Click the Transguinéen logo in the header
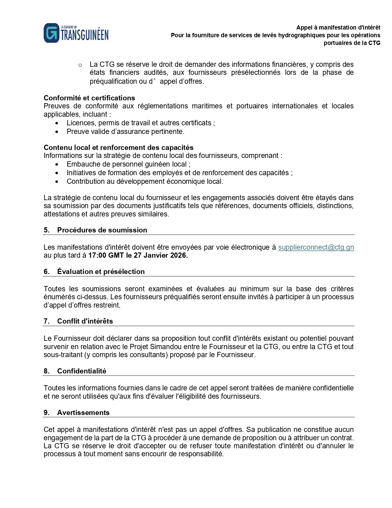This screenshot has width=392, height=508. pos(76,33)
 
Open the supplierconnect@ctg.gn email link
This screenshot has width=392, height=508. pos(316,247)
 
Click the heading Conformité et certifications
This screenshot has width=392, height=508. pos(89,98)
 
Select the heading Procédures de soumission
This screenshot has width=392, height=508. pos(102,230)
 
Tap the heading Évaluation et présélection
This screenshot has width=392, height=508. pos(101,272)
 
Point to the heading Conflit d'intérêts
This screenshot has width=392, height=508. pos(85,321)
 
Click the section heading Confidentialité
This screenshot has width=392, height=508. pos(81,371)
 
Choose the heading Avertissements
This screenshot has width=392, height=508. pos(83,413)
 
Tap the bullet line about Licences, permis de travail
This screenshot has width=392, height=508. pos(141,123)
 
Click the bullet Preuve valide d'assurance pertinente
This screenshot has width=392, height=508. pos(125,131)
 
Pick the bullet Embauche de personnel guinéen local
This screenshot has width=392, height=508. pos(128,164)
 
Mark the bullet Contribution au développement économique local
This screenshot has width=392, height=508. pos(145,181)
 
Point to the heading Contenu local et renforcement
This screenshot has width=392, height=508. pos(118,147)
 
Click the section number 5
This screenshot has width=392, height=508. pos(46,230)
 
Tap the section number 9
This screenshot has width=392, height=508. pos(46,413)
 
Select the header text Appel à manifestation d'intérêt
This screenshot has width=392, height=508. pos(338,27)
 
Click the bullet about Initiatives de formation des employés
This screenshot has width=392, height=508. pos(179,173)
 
